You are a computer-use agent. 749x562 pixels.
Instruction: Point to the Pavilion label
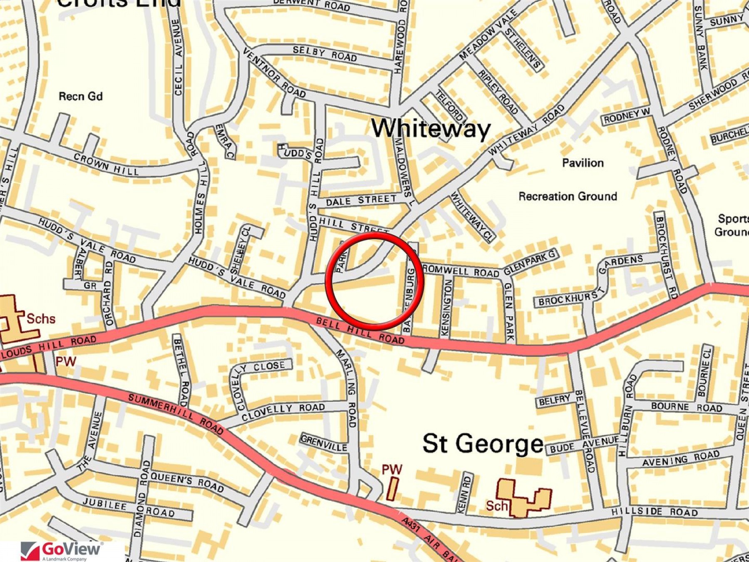coord(583,163)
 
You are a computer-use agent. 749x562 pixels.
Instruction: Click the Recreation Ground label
coord(568,196)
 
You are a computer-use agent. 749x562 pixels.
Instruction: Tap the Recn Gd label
coord(80,97)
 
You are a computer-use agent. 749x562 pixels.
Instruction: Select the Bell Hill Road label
coord(360,331)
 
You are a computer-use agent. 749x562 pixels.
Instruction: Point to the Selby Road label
coord(325,53)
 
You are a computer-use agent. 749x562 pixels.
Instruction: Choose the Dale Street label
coord(361,201)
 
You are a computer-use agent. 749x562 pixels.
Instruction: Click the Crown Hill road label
coord(106,164)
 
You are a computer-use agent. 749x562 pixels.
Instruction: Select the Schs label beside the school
coord(41,319)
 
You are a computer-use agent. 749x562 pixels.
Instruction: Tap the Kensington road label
coord(446,308)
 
